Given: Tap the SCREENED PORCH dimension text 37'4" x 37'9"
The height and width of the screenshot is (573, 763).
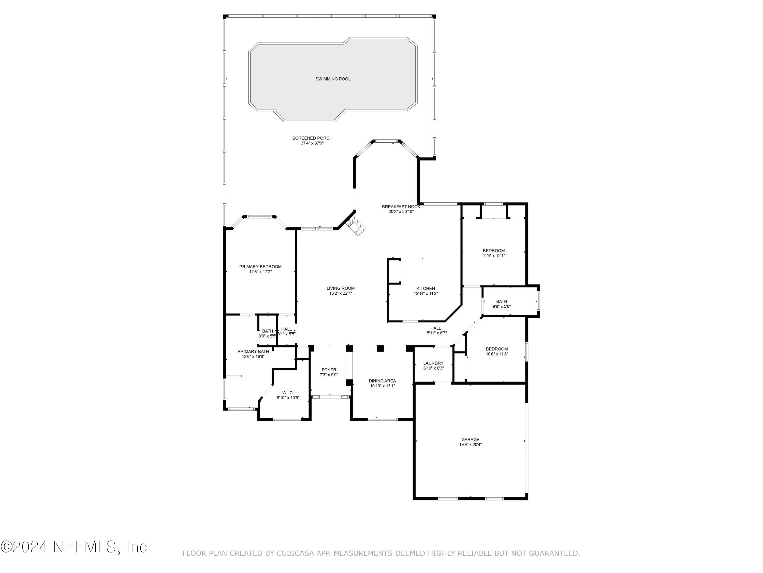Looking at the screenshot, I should point(312,143).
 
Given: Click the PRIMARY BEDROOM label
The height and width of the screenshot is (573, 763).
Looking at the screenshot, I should point(260,267).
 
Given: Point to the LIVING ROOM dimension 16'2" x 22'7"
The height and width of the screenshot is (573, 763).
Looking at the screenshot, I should point(341,293).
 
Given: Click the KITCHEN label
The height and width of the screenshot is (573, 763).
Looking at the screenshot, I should point(426,288).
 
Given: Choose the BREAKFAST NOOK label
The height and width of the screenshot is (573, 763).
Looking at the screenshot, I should point(401,207).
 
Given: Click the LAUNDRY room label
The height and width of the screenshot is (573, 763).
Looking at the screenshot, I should point(433,363).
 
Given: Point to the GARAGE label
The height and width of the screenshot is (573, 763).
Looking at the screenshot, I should point(470,440).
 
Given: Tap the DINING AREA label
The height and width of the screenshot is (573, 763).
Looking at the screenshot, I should point(382,381).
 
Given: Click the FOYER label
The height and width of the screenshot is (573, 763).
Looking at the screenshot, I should point(329,370).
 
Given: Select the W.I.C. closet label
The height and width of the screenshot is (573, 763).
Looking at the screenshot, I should point(288,393).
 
